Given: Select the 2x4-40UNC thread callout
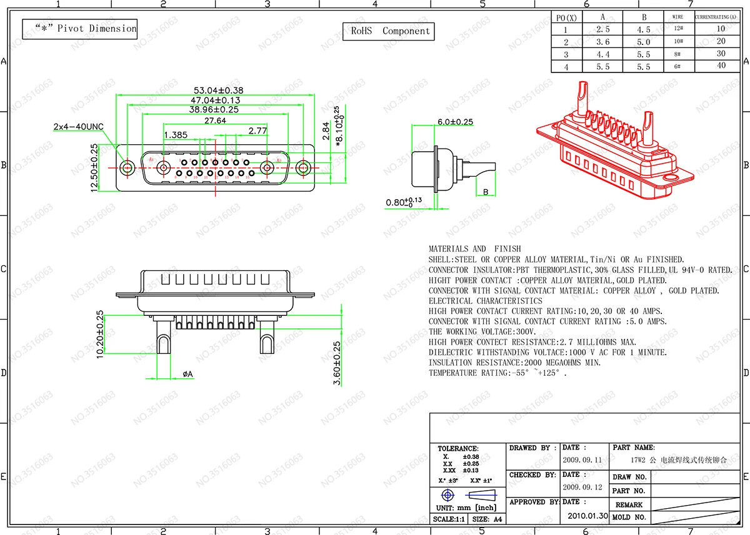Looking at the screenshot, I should pyautogui.click(x=78, y=127).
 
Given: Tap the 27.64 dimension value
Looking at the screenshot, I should pyautogui.click(x=215, y=120).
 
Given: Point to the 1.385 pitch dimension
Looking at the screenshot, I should pyautogui.click(x=176, y=135).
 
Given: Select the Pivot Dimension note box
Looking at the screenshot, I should pyautogui.click(x=79, y=29).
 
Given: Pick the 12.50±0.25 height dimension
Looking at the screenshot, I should pyautogui.click(x=94, y=168).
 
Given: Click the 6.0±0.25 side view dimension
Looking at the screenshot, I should pyautogui.click(x=455, y=122).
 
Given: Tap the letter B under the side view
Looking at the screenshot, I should pyautogui.click(x=486, y=192).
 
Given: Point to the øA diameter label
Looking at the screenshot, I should pyautogui.click(x=187, y=374).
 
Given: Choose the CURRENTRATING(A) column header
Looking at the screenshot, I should pyautogui.click(x=721, y=17).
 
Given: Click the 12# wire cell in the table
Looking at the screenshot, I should pyautogui.click(x=677, y=29).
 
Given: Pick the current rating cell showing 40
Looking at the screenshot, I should pyautogui.click(x=721, y=66).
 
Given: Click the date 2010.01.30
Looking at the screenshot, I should pyautogui.click(x=587, y=516).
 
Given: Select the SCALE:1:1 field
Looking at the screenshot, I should pyautogui.click(x=449, y=519).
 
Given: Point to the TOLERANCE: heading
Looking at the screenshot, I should pyautogui.click(x=458, y=448).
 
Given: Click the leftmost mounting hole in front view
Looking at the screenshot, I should pyautogui.click(x=127, y=167).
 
